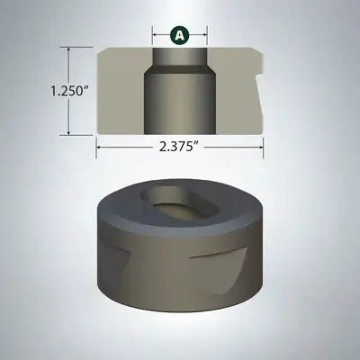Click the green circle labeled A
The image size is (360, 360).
click(180, 35)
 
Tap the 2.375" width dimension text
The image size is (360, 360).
click(180, 147)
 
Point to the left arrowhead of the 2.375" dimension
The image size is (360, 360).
click(98, 147)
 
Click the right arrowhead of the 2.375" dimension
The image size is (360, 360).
click(261, 147)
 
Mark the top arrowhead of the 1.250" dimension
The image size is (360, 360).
click(69, 49)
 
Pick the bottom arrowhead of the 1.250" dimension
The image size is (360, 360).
click(69, 132)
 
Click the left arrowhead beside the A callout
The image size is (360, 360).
click(155, 35)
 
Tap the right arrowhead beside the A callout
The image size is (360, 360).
click(205, 35)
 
